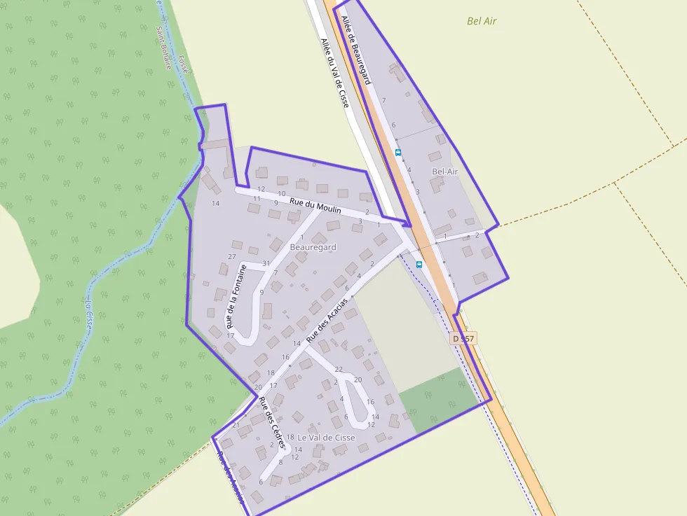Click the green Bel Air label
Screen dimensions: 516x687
click(482, 21)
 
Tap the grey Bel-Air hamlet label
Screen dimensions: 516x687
click(444, 172)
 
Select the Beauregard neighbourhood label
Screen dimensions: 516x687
click(313, 247)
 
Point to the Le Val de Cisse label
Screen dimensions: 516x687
click(326, 438)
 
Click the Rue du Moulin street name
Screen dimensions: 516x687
click(315, 204)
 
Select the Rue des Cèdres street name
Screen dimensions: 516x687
click(271, 423)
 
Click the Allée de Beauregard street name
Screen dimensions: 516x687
click(356, 50)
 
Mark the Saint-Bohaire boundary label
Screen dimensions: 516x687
click(163, 48)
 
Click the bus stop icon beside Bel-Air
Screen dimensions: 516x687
click(398, 152)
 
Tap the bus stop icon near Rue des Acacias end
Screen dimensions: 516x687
click(419, 264)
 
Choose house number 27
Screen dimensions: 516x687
click(232, 257)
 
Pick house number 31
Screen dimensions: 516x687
click(266, 263)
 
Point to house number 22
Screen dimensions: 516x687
click(339, 369)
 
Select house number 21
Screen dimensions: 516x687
click(236, 425)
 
